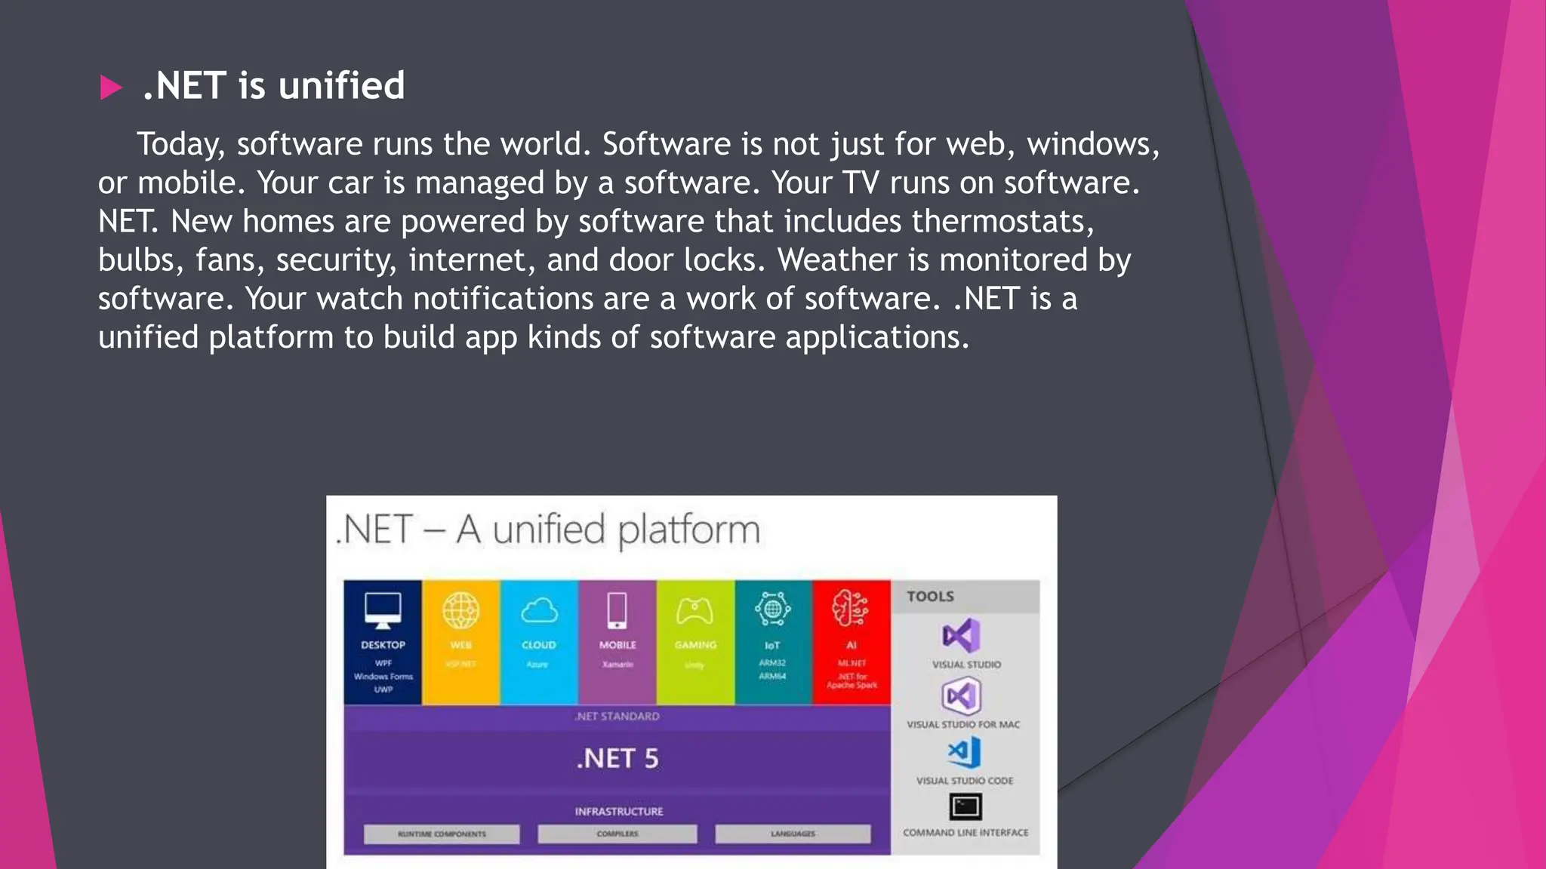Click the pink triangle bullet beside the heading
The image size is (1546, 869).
coord(110,88)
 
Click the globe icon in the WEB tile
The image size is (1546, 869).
coord(460,610)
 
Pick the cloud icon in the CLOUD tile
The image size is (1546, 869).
coord(539,610)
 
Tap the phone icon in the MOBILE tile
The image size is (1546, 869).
coord(617,610)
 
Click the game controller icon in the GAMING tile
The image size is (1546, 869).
coord(694,610)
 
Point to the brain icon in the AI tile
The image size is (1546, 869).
coord(851,609)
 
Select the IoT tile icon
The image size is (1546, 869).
coord(772,609)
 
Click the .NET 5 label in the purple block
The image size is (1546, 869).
coord(617,758)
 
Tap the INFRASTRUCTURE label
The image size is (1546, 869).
coord(618,812)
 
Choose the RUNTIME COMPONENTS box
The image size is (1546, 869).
coord(442,834)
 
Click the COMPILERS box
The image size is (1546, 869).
coord(617,834)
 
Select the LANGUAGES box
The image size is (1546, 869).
coord(793,834)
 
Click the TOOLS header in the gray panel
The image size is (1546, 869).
coord(930,597)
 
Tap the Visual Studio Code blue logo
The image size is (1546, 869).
coord(964,752)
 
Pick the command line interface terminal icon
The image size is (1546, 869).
coord(965,806)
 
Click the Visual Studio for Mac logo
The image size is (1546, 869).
coord(961,696)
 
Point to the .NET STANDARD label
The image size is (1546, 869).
coord(617,717)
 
